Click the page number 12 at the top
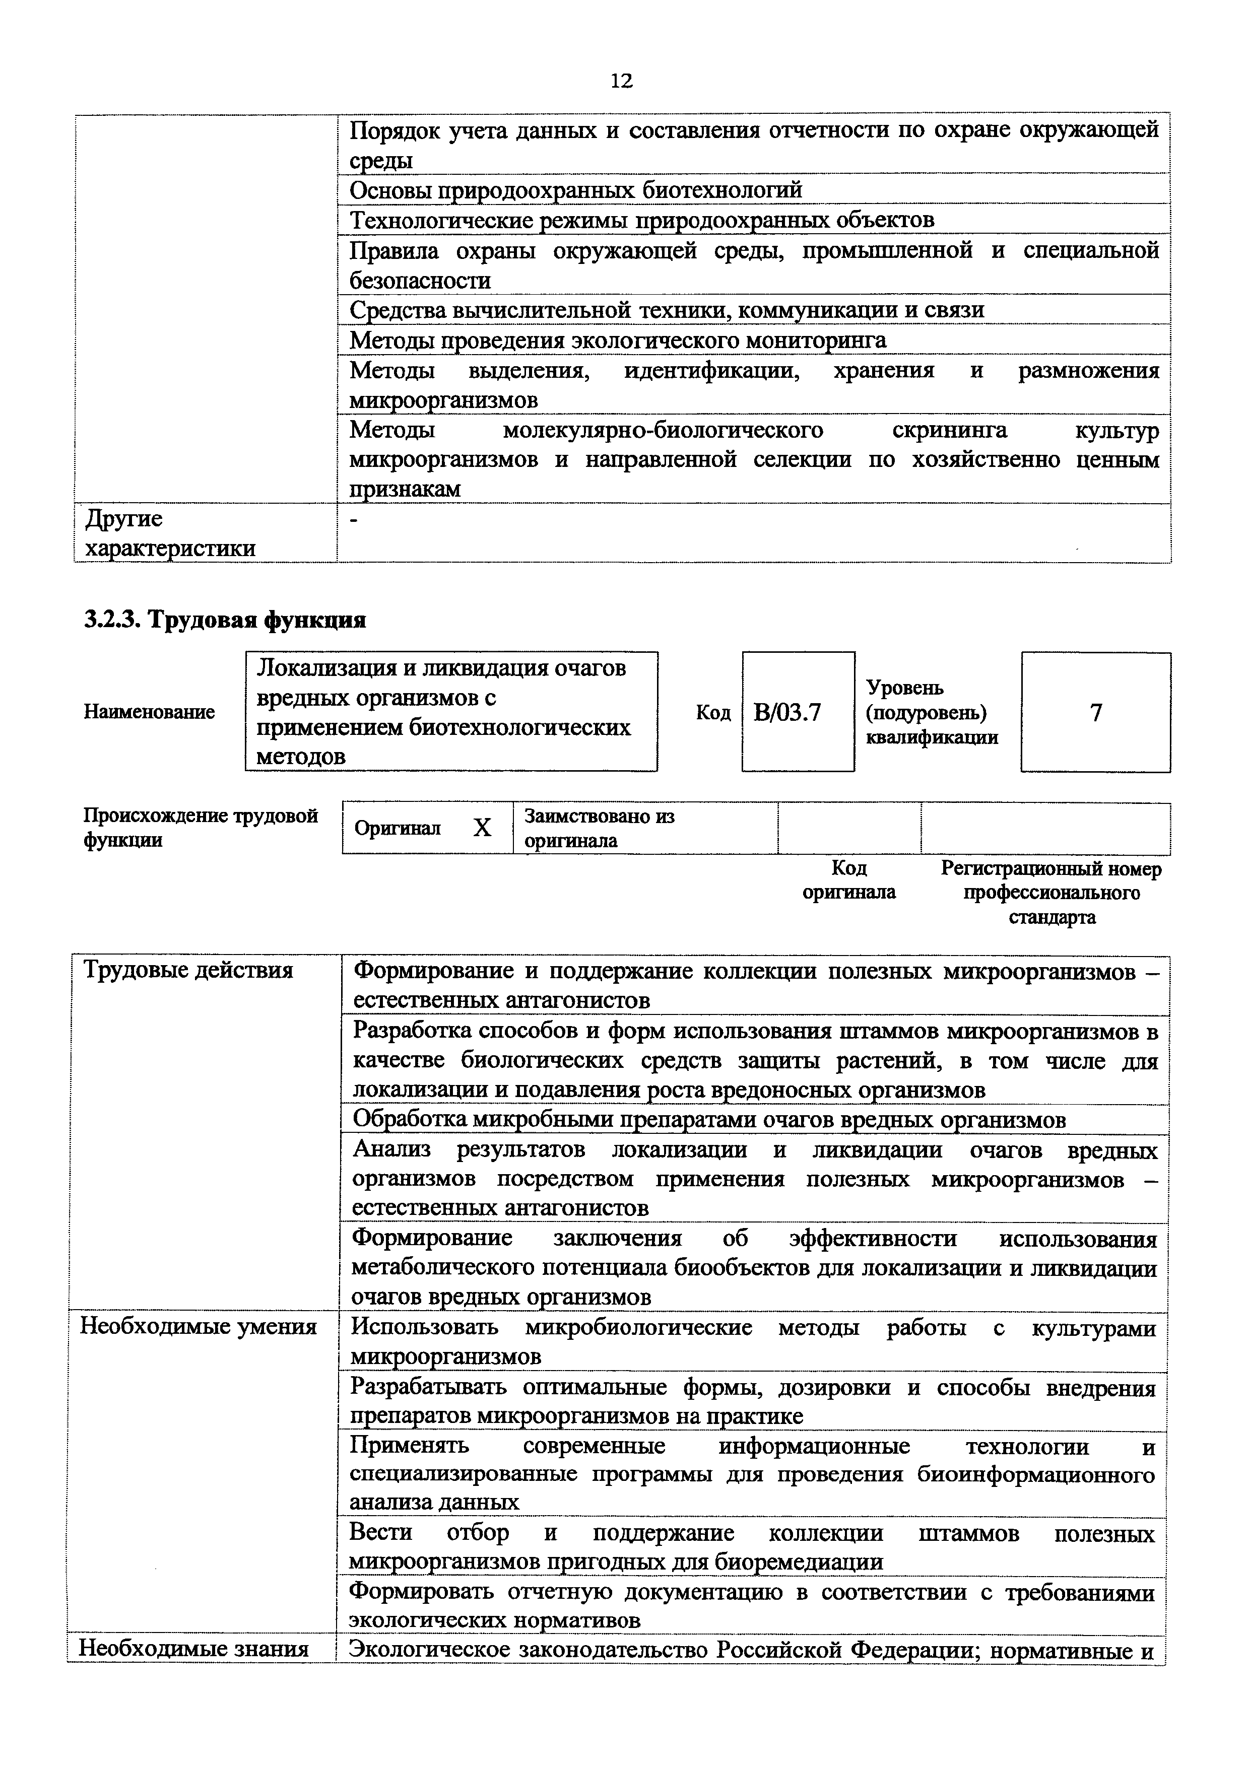[x=621, y=81]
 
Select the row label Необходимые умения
[x=199, y=1327]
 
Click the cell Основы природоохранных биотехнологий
[x=576, y=189]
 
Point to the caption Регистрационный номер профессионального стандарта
[x=1051, y=893]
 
